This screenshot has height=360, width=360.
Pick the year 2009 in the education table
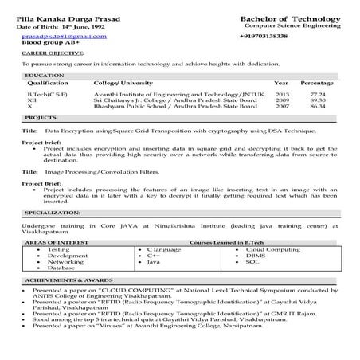(x=281, y=100)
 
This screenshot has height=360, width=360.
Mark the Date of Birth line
(x=60, y=27)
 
